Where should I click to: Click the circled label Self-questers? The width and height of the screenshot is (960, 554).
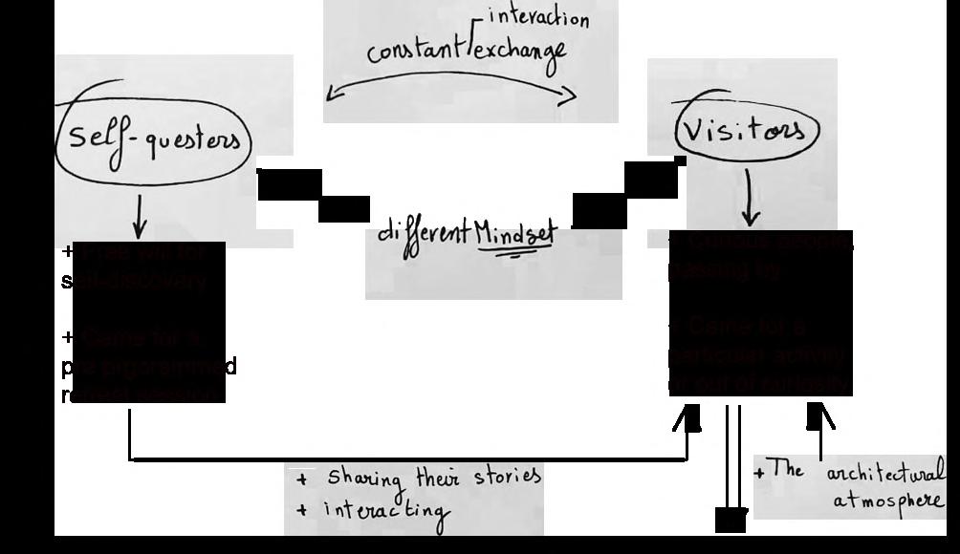(153, 141)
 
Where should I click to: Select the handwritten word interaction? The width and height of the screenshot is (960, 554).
(538, 17)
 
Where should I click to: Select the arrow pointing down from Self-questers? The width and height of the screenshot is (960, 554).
(140, 216)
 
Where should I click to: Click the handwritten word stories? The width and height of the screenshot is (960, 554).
(506, 475)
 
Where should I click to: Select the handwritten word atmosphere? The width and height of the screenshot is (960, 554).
(888, 501)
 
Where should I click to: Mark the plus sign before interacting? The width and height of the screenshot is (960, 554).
(302, 511)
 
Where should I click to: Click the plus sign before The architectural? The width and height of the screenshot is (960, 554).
(759, 472)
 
